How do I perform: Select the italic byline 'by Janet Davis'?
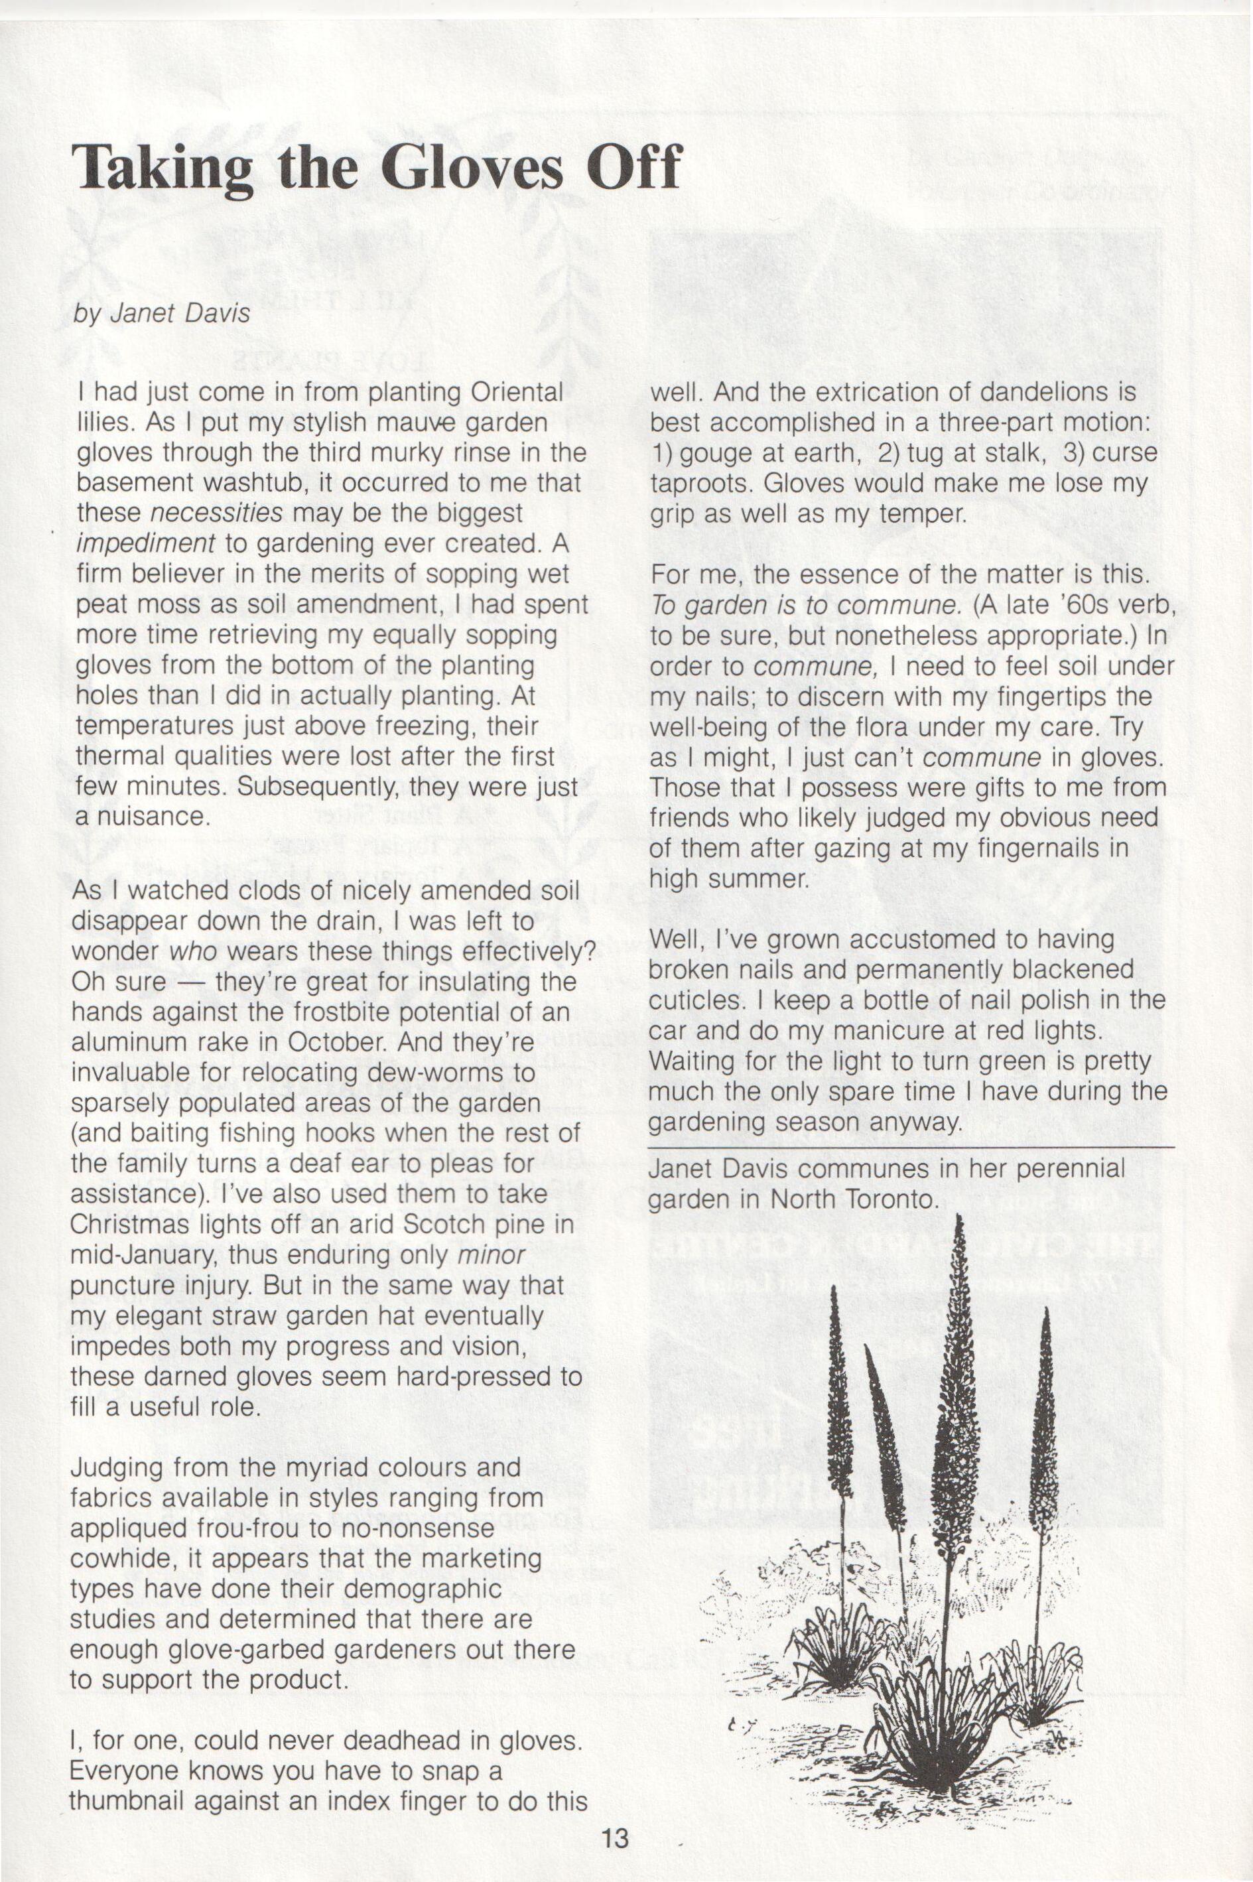pos(161,313)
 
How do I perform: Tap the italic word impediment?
pos(145,543)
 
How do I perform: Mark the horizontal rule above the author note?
pos(911,1147)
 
